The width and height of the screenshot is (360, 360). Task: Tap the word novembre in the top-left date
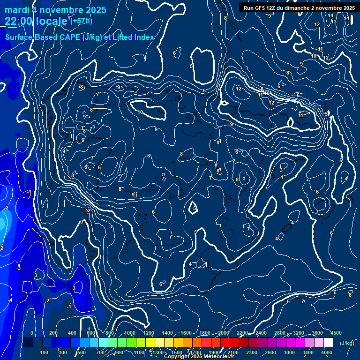click(62, 10)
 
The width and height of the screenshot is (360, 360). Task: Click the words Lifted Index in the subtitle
click(133, 37)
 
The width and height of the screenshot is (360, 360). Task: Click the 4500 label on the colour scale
click(336, 333)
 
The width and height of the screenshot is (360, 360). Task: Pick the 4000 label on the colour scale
click(327, 352)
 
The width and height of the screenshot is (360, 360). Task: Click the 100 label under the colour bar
click(44, 352)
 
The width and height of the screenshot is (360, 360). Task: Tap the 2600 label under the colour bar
click(270, 352)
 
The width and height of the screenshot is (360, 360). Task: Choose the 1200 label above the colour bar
click(149, 333)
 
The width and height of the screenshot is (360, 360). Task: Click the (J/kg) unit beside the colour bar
click(346, 343)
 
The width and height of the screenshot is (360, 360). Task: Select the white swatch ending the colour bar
click(328, 343)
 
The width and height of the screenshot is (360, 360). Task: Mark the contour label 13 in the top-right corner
click(334, 22)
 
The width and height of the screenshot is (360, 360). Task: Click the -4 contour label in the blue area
click(10, 300)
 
